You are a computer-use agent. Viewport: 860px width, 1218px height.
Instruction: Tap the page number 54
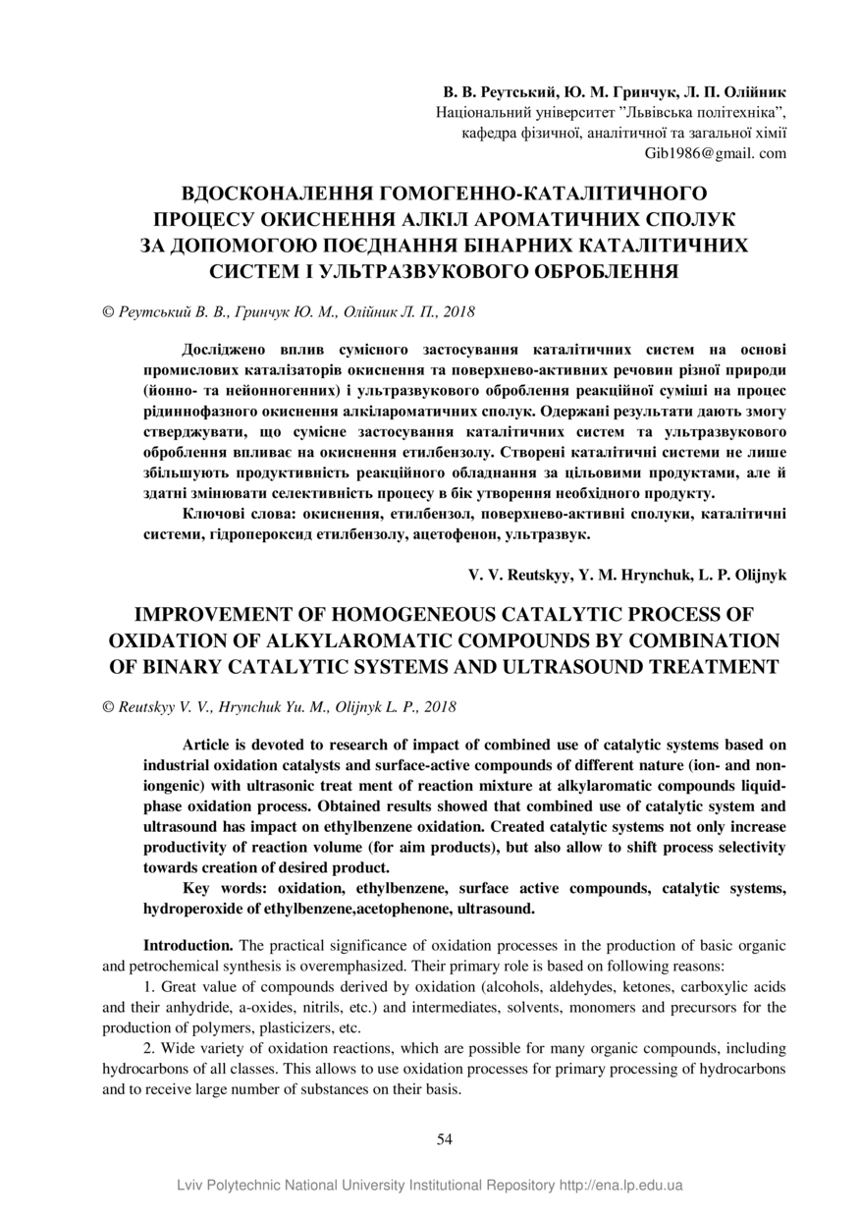tap(444, 1138)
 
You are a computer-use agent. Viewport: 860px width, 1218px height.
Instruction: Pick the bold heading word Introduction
tap(188, 945)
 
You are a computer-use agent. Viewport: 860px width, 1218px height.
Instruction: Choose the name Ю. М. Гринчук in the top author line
tap(618, 92)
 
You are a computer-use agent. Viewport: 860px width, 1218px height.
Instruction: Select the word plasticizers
tap(295, 1028)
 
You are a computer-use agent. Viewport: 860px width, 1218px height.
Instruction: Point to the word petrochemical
tap(168, 965)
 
